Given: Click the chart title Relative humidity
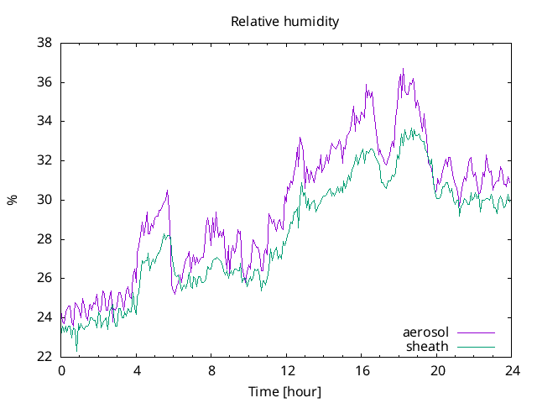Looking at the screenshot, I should pos(285,22).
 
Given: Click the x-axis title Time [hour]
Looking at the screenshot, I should pos(285,392).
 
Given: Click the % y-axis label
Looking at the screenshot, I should pos(12,200).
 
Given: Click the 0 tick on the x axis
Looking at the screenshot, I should pos(61,370).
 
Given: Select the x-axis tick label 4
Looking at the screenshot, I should pos(137,370).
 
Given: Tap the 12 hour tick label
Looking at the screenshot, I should pos(287,370).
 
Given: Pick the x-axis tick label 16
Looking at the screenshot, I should pos(362,370).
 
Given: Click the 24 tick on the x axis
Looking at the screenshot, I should pos(513,370).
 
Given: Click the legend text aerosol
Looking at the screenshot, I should pos(425,332).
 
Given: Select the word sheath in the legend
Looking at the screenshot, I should pos(427,346).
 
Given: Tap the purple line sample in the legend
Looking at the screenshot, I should pos(476,332).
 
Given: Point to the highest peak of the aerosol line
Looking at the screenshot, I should pos(403,70).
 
